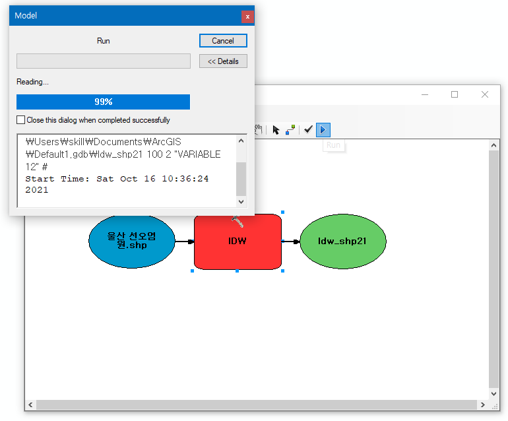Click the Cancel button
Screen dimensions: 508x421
coord(223,41)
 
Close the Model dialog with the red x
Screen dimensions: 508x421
coord(247,16)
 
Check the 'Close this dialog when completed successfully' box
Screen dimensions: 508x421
coord(21,120)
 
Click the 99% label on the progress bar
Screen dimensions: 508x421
coord(103,102)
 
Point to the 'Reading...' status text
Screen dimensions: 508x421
coord(32,82)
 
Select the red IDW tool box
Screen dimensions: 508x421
coord(238,242)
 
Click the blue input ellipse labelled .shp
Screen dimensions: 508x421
coord(132,242)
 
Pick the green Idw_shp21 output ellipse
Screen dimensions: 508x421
coord(342,242)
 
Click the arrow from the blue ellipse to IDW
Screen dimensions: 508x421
coord(184,242)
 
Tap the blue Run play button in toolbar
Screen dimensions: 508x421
coord(323,130)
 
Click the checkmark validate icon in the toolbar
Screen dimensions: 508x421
coord(308,130)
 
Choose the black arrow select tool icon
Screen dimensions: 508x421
coord(276,130)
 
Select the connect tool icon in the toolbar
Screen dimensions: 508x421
coord(290,130)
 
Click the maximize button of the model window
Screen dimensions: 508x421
coord(455,94)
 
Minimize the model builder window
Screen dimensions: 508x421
coord(424,94)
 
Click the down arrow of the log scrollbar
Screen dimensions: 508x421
coord(241,201)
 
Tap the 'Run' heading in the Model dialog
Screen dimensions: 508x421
coord(104,41)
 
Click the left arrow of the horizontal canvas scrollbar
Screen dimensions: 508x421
coord(30,405)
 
